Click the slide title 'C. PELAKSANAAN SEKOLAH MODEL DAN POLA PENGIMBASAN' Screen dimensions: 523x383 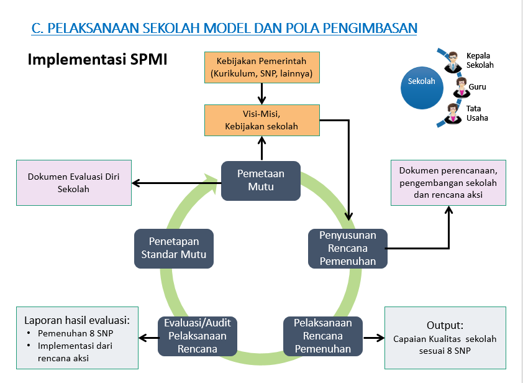coord(224,28)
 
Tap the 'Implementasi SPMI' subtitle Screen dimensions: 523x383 coord(98,60)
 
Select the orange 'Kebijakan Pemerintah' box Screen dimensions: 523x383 coord(262,67)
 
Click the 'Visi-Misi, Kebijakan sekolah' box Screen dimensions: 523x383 coord(262,120)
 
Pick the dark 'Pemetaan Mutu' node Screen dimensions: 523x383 coord(261,181)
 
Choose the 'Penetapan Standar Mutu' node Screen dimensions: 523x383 coord(174,249)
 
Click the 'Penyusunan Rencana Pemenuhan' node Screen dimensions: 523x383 coord(348,249)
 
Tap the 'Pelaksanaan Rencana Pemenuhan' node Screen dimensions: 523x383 coord(323,336)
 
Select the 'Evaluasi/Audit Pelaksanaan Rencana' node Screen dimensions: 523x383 coord(198,336)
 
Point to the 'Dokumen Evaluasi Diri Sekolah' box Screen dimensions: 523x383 coord(74,183)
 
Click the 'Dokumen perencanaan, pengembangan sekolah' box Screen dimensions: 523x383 coord(448,183)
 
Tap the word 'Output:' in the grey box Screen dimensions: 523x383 coord(445,325)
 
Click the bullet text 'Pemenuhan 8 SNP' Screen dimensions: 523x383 coord(75,333)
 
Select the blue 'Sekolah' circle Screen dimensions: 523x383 coord(422,88)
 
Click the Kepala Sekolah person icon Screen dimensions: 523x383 coord(453,62)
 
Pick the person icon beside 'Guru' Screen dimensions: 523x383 coord(462,87)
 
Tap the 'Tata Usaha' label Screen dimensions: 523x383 coord(477,113)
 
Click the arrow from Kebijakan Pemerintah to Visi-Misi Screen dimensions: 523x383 coord(262,94)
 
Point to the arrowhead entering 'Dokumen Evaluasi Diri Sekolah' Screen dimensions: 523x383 coord(136,183)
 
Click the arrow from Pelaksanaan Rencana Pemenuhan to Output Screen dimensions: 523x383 coord(373,338)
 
